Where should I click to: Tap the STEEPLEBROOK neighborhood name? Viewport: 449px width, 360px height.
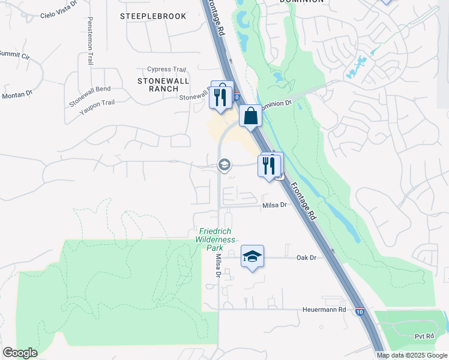tap(153, 16)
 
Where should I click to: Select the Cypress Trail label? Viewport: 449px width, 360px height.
tap(170, 69)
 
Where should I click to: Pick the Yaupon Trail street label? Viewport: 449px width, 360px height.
tap(97, 103)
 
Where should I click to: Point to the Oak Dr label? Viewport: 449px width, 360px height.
tap(306, 257)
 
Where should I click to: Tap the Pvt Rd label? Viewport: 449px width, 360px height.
tap(424, 337)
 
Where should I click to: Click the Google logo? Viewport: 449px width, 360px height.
tap(20, 352)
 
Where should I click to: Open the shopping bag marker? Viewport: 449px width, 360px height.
tap(250, 116)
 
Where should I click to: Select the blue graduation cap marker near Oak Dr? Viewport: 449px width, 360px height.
tap(253, 257)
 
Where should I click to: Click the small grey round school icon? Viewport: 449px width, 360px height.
tap(224, 164)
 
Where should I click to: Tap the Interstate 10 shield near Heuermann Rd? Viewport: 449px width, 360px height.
tap(358, 312)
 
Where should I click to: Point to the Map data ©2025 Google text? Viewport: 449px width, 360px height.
tap(412, 355)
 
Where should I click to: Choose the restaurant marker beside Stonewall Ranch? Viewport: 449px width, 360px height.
tap(220, 97)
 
